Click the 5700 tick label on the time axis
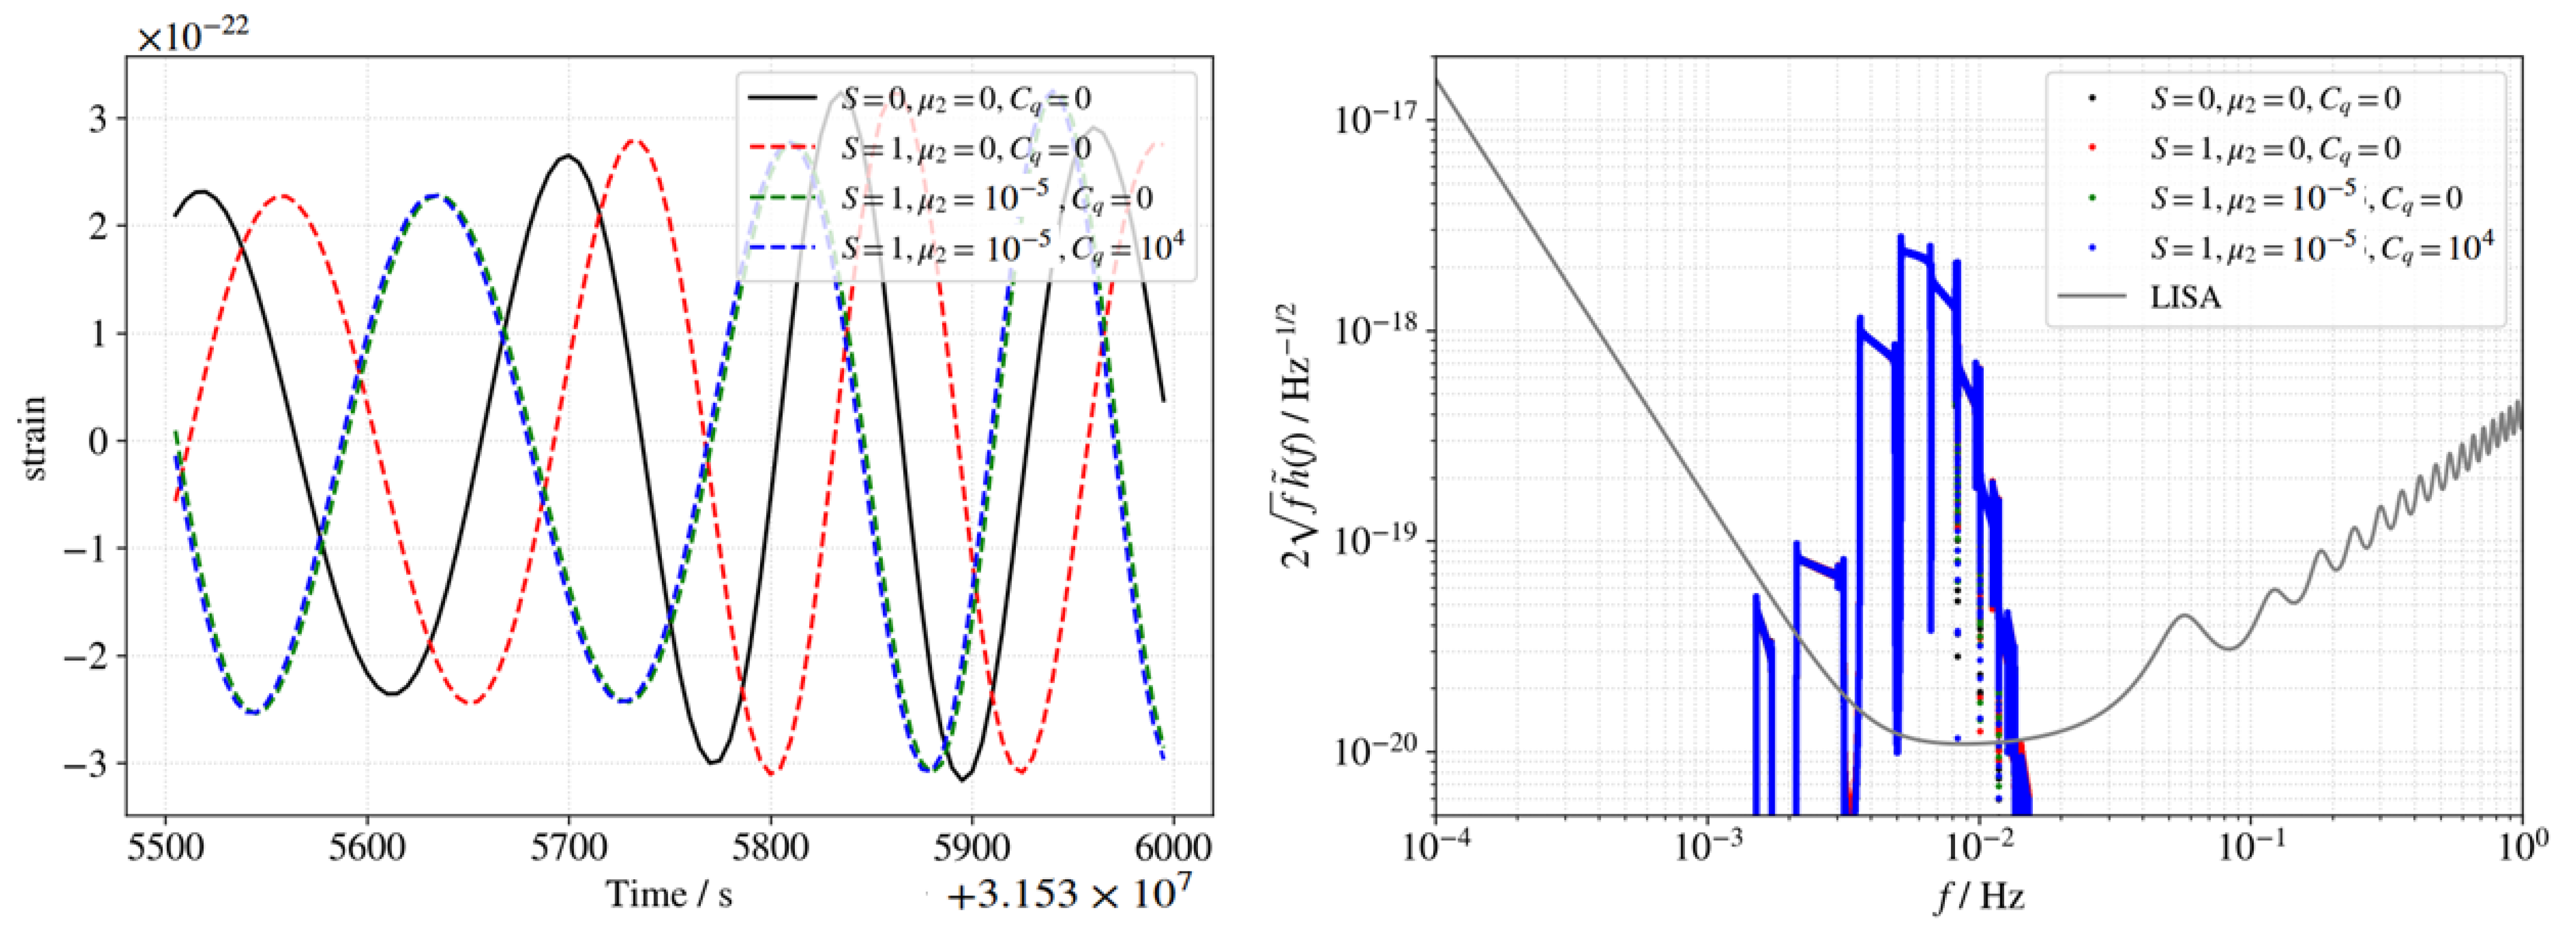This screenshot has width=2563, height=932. (x=568, y=848)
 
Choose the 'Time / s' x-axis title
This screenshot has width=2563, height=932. (x=670, y=894)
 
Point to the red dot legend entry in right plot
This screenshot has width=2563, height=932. (x=2274, y=148)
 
